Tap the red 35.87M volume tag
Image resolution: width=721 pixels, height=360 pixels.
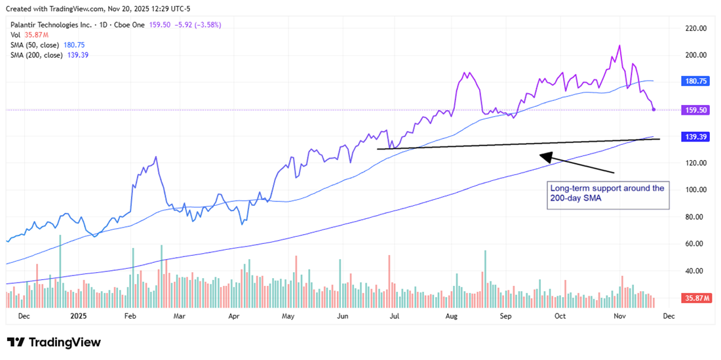(693, 298)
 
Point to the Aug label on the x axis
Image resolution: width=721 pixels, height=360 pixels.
(450, 315)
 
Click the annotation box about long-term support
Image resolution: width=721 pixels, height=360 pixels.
(608, 195)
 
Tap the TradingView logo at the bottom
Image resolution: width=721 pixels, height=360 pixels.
(54, 342)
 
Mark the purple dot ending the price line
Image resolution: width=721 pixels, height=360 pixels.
(653, 109)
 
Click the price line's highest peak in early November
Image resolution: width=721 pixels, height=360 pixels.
(619, 46)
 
